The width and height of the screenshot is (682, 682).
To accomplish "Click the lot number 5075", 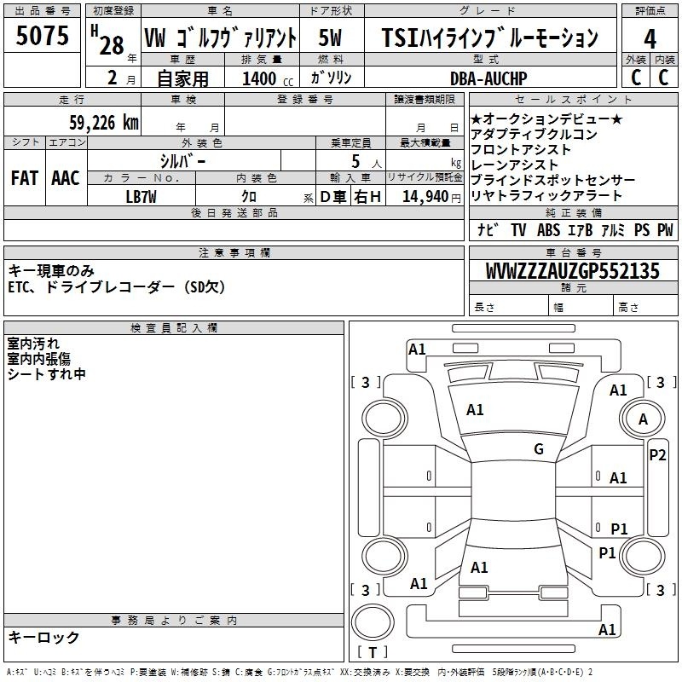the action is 42,36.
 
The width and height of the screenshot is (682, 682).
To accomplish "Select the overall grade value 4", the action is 650,39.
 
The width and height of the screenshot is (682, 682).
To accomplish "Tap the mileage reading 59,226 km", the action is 104,123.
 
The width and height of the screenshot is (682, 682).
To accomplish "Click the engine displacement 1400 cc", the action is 268,78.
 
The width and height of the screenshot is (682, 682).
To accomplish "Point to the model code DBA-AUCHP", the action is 488,78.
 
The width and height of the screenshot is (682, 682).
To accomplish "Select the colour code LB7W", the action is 141,197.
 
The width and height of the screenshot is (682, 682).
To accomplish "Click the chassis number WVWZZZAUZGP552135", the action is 573,271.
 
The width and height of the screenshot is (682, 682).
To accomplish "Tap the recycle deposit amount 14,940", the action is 425,197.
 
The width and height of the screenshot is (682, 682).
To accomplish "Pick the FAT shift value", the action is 25,178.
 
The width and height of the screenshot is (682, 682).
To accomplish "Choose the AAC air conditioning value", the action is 66,178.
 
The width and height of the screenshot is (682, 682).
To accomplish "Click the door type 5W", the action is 330,38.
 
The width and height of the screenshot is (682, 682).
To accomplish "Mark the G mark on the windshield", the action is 539,449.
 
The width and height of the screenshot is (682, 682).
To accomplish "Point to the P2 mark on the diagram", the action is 657,455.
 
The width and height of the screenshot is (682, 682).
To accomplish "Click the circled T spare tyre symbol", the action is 373,622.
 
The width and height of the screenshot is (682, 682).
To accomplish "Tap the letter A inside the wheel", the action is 644,419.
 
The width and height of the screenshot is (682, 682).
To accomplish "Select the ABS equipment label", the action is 548,229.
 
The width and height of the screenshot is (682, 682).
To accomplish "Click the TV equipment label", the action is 518,229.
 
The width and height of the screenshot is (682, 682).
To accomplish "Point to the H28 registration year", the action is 108,40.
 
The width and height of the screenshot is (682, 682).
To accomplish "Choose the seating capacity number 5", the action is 355,161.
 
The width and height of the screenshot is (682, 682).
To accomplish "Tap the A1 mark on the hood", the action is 475,410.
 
